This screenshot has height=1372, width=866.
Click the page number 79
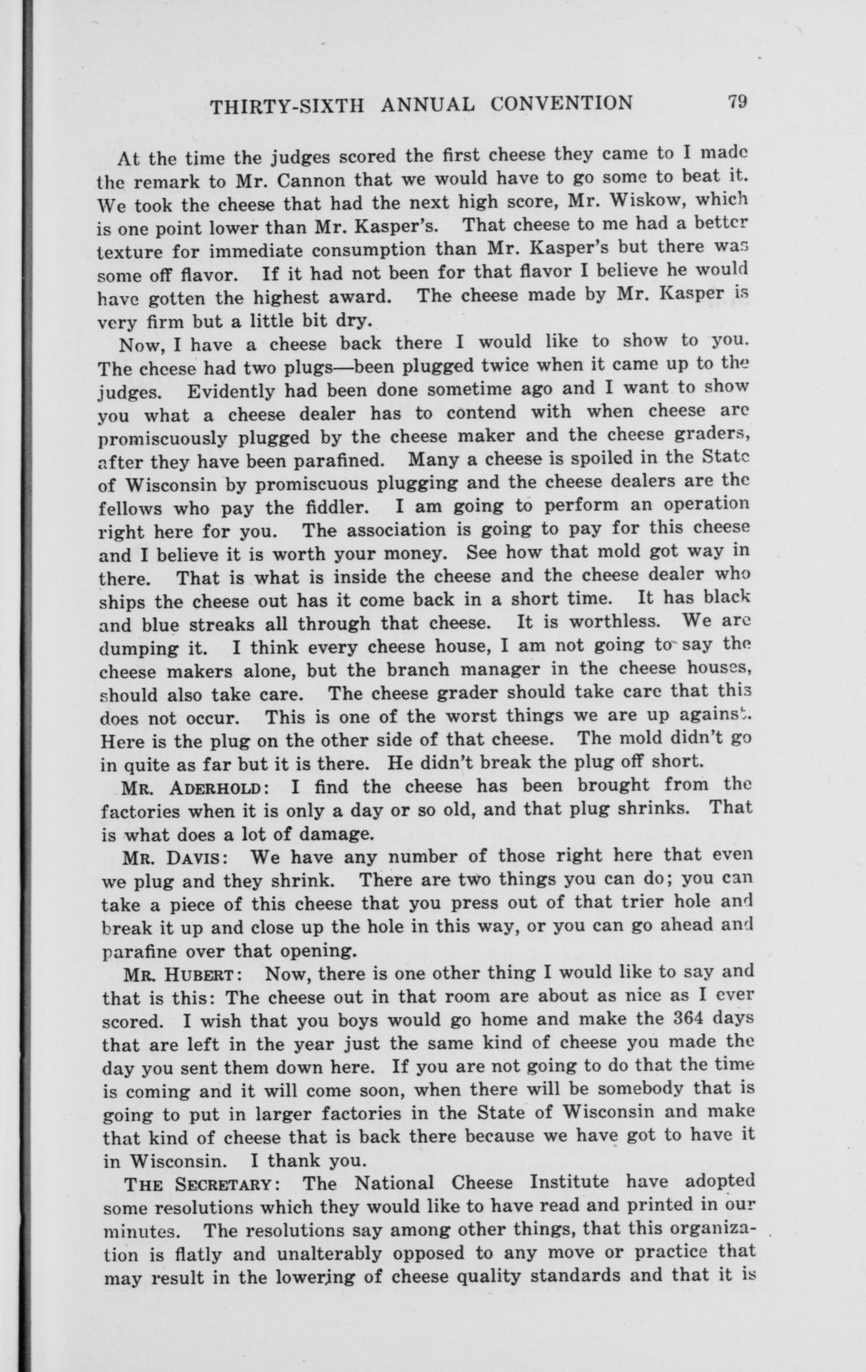point(736,102)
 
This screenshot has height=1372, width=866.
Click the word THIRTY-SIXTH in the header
point(288,105)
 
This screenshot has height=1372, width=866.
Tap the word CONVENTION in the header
point(561,103)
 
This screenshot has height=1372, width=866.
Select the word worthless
point(614,621)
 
